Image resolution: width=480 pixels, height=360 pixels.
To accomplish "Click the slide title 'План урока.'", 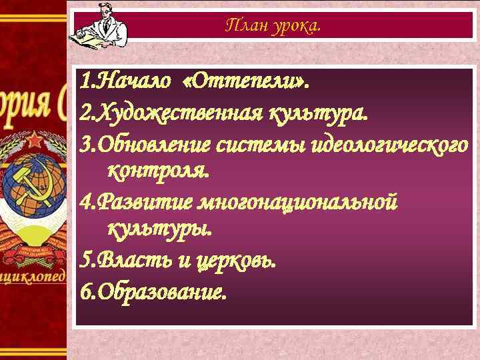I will pyautogui.click(x=273, y=25).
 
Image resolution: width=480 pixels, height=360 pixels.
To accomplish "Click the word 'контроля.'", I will pyautogui.click(x=158, y=171).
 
